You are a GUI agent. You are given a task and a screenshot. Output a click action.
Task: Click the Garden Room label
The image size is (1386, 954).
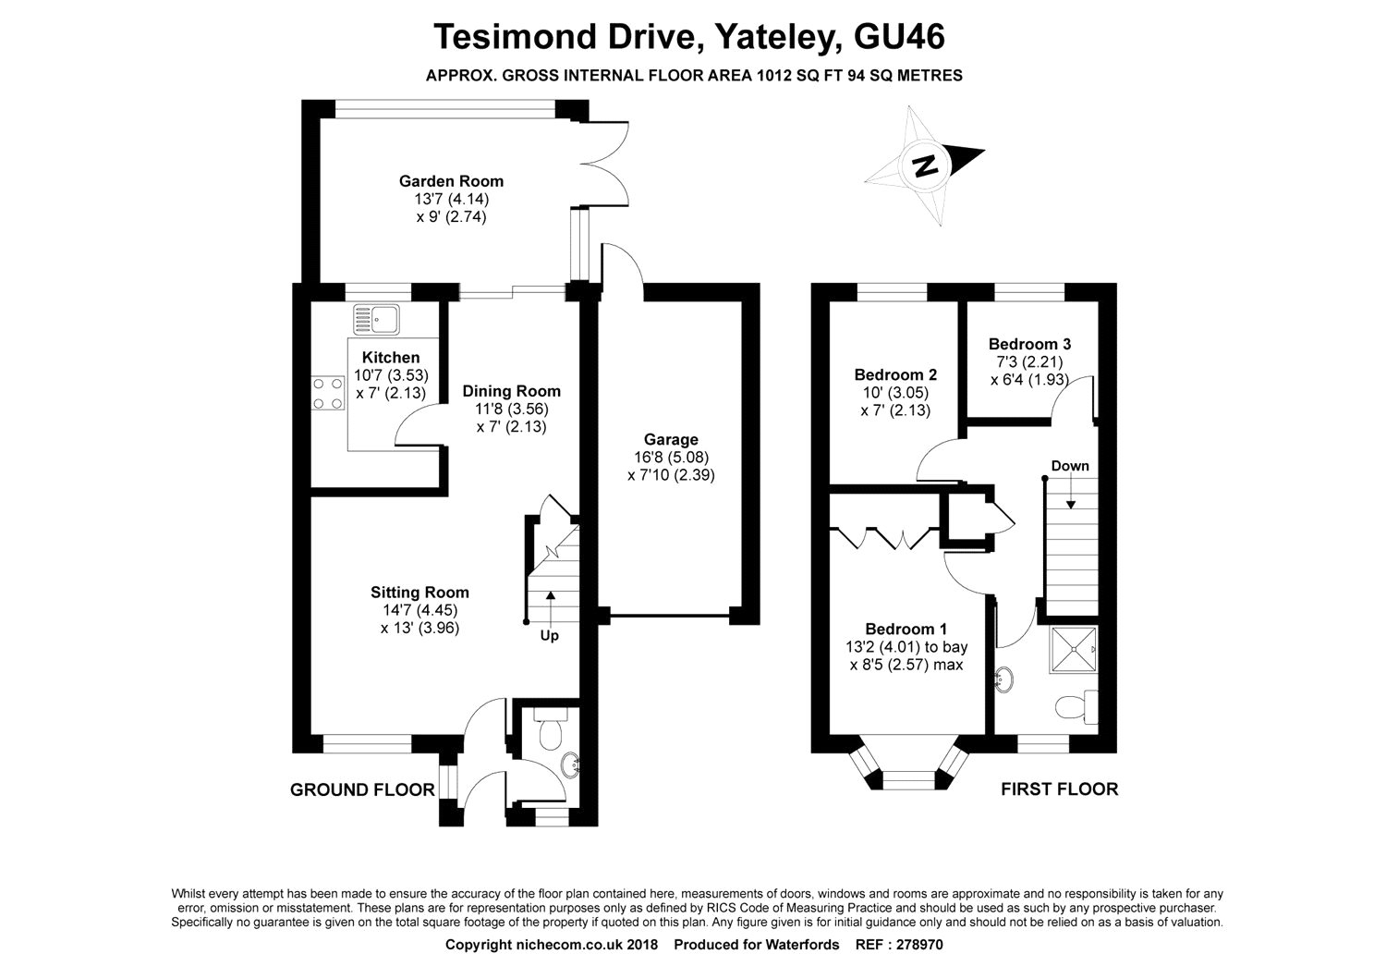(x=451, y=181)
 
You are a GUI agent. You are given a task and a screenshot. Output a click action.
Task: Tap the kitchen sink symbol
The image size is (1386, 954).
(x=376, y=320)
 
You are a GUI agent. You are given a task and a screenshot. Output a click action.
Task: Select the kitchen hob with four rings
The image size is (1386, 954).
(x=328, y=394)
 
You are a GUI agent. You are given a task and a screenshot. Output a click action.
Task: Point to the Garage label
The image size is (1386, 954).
(x=671, y=439)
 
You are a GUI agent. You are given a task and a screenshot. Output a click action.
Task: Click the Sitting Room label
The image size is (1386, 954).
(x=419, y=593)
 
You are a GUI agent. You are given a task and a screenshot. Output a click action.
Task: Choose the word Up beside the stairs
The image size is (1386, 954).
(x=550, y=636)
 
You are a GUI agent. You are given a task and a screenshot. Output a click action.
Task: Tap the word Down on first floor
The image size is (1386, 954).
(x=1070, y=466)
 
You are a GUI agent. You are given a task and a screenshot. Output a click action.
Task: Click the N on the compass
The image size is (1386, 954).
(x=925, y=165)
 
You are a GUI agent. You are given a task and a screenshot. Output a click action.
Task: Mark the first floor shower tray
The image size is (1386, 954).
(x=1074, y=650)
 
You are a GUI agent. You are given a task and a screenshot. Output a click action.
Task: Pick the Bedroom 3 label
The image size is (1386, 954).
(x=1029, y=344)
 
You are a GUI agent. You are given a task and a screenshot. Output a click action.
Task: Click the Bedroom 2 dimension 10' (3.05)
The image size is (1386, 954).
(x=895, y=393)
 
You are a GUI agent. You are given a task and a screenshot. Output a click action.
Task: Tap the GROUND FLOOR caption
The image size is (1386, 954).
(x=362, y=790)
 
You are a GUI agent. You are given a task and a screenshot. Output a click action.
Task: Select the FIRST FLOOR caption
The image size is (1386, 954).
(x=1059, y=789)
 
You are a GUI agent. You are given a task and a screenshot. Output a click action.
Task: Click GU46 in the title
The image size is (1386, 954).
(x=899, y=36)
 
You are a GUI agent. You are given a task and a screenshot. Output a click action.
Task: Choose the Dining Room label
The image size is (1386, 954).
(x=512, y=391)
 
